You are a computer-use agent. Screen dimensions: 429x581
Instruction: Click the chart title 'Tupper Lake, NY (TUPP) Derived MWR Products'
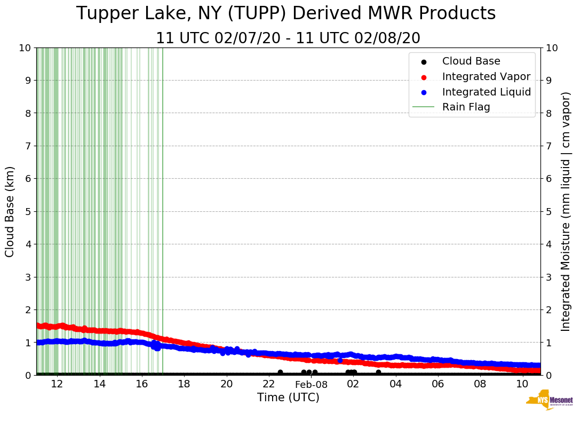coord(286,14)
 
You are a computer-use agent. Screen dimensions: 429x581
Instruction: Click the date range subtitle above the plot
coord(288,38)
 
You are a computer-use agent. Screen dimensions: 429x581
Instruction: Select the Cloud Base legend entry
coord(471,61)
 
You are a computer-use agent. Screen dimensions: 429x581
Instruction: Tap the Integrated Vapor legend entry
coord(486,76)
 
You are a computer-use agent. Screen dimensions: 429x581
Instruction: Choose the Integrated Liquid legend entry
coord(486,92)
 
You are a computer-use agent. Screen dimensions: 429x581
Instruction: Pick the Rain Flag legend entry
coord(466,107)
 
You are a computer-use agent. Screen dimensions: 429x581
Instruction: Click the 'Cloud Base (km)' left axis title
coord(10,211)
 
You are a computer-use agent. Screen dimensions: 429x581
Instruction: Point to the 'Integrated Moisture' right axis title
coord(566,211)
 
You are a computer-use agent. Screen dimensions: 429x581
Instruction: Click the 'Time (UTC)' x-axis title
coord(288,398)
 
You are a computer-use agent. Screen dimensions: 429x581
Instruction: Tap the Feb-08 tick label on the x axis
coord(311,384)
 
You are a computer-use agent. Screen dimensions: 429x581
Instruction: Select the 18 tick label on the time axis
coord(184,384)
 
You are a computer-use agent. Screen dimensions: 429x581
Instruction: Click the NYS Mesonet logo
coord(549,402)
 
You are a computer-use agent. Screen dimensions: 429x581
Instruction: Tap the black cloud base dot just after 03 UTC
coord(378,372)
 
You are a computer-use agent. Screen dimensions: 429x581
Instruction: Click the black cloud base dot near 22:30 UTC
coord(280,372)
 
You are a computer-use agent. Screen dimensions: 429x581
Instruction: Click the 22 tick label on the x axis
coord(269,384)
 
